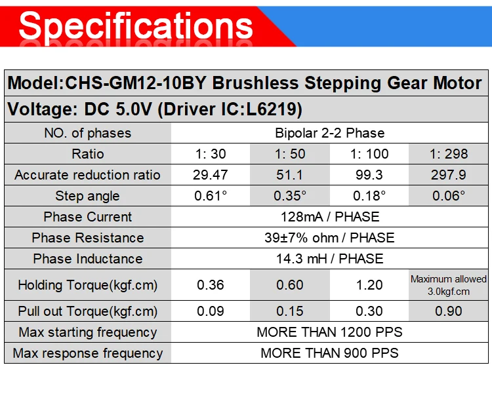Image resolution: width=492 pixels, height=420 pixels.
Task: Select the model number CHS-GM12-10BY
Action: (135, 83)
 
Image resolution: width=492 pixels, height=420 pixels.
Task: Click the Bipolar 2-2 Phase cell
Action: (330, 133)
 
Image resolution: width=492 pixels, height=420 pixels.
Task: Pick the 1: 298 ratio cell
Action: (449, 154)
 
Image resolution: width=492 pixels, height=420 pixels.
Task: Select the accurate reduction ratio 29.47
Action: (210, 175)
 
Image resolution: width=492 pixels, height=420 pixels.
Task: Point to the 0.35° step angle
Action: (290, 196)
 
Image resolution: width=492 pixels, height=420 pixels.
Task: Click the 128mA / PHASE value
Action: (330, 217)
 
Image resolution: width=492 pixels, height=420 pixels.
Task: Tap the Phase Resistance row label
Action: (88, 238)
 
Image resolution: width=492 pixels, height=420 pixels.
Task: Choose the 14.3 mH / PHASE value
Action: (330, 259)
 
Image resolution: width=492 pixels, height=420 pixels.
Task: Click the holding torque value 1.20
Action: (369, 285)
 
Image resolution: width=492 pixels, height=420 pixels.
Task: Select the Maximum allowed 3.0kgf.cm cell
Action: (449, 285)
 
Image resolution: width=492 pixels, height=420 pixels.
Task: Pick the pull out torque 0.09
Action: (210, 311)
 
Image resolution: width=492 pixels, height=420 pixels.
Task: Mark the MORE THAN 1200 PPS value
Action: (329, 332)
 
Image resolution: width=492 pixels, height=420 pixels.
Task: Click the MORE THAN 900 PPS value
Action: (329, 353)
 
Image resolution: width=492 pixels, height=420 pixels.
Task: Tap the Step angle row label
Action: (87, 196)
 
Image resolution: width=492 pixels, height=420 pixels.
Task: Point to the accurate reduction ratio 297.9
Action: (449, 175)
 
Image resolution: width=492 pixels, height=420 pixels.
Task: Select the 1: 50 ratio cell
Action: (290, 154)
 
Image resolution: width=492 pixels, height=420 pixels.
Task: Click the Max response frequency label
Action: (88, 354)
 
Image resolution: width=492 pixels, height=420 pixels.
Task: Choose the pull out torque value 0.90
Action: (449, 311)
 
